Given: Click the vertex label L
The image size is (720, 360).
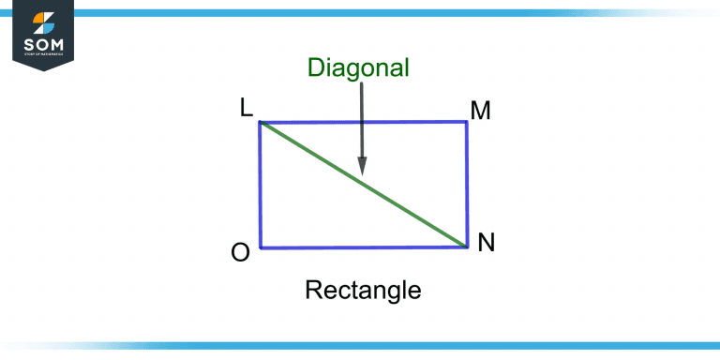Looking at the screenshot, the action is click(x=247, y=109).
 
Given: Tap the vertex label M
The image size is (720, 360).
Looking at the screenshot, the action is click(x=481, y=112).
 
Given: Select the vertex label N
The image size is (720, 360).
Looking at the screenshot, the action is click(x=487, y=243).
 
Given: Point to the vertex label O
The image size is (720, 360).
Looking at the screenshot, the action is click(x=240, y=253).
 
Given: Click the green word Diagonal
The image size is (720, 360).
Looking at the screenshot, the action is click(x=359, y=67).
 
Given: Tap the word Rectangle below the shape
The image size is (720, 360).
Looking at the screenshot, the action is click(x=363, y=291).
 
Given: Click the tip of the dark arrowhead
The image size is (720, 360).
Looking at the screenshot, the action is click(x=361, y=173).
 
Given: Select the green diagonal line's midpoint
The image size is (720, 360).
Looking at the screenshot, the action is click(x=364, y=185).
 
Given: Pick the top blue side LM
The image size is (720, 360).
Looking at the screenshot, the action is click(x=364, y=123).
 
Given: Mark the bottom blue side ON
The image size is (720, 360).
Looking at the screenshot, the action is click(x=364, y=247).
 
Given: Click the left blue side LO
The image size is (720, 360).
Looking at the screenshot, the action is click(x=261, y=185).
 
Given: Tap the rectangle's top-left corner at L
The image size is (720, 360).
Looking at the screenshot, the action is click(x=261, y=123).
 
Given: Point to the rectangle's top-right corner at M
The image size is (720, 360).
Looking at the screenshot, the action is click(x=467, y=123).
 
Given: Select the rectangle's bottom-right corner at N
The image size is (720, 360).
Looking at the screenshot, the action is click(x=467, y=247).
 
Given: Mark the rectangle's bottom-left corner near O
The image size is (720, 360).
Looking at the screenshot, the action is click(x=261, y=247).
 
